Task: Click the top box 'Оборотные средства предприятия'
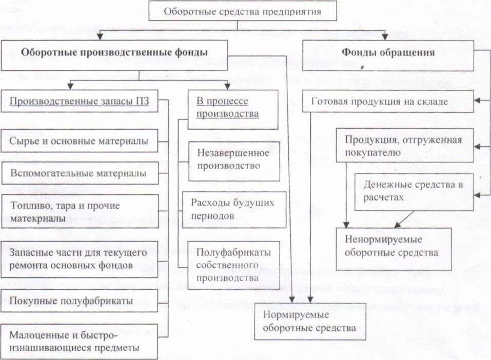pos(243,11)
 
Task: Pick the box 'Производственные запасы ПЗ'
pos(80,101)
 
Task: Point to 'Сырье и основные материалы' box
pos(79,141)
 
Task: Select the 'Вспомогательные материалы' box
pos(79,173)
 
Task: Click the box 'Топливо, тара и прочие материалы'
pos(79,212)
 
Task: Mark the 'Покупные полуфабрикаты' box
pos(79,301)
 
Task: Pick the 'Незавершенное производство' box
pos(234,159)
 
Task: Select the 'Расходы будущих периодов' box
pos(234,209)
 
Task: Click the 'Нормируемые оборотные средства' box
pos(310,321)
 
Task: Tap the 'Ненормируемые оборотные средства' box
pos(394,248)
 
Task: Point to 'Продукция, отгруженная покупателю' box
pos(405,146)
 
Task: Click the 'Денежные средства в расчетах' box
pos(414,191)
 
